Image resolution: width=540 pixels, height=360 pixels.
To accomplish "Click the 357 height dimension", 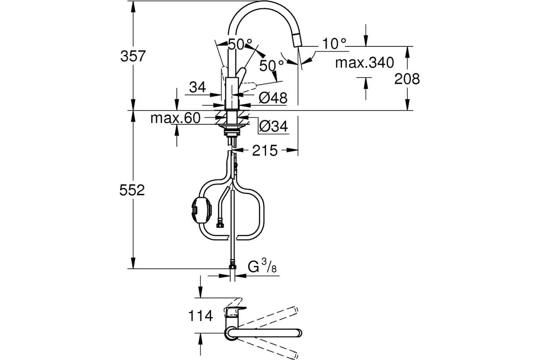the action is coord(133,56).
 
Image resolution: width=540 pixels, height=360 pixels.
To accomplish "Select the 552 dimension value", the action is coord(132,190).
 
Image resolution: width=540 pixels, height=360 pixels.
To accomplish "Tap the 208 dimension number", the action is coord(407,79).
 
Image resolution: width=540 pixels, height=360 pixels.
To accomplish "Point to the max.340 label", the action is coord(364,63).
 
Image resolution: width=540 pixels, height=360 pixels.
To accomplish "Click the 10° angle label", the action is coord(334,44).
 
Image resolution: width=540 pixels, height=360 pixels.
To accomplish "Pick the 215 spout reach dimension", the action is coord(265,150).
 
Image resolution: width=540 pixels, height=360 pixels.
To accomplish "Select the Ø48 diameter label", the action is coord(273,98).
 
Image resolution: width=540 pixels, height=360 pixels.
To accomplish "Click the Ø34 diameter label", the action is coord(274,126).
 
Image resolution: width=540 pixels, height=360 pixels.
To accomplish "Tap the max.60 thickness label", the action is coord(175,118).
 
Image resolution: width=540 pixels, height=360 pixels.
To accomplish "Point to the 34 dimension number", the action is coord(198,87).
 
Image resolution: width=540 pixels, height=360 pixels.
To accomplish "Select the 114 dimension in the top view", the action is coord(200,315).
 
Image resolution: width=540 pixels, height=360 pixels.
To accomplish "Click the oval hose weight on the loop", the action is coord(202,210).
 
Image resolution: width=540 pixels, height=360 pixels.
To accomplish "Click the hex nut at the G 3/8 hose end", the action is coord(232,265).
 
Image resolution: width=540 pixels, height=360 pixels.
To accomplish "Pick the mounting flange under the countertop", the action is coord(232,126).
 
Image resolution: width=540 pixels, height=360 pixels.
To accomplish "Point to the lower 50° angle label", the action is coord(271,65).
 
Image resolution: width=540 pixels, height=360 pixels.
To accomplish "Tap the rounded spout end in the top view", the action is coord(298,333).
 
